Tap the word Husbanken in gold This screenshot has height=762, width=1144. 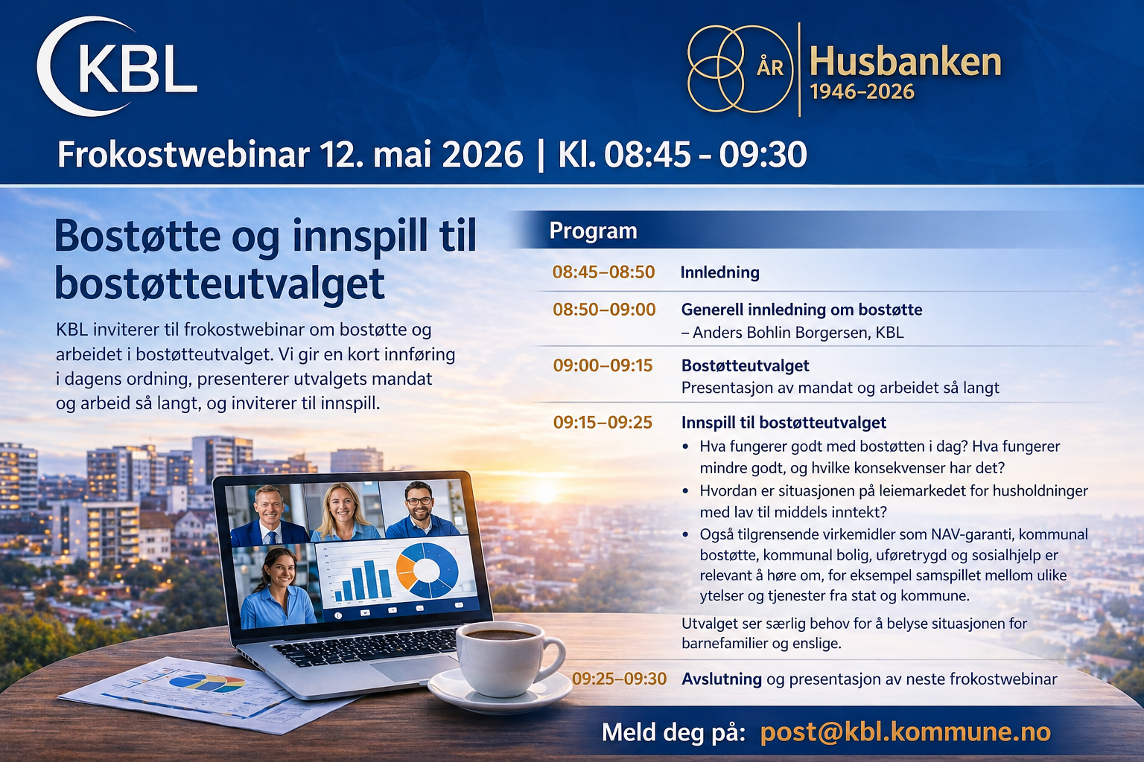point(906,63)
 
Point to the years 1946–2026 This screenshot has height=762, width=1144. point(862,92)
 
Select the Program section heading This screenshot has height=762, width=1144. point(593,231)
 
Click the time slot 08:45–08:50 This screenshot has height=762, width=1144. point(603,272)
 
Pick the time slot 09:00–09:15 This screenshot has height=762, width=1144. point(603,365)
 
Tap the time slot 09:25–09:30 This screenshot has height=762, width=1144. point(619,679)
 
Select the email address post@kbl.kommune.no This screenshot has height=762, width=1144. point(905,732)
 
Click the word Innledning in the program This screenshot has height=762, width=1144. point(719,272)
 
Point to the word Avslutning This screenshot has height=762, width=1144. point(722,679)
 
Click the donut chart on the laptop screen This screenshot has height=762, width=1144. point(427,569)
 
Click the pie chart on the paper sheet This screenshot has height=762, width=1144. point(207,682)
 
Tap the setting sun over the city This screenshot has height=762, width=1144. point(544,491)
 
